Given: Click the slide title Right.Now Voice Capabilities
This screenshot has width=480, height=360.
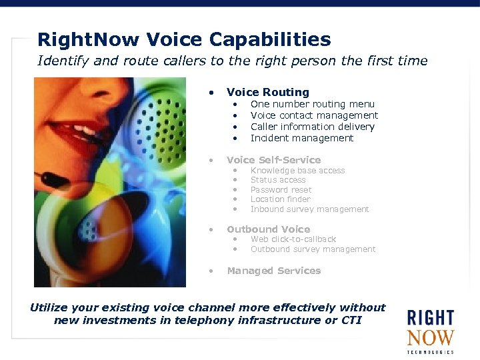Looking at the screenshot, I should pyautogui.click(x=184, y=39).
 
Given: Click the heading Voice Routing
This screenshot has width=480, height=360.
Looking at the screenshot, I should pyautogui.click(x=267, y=92).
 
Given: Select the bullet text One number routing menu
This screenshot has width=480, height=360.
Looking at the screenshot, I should pyautogui.click(x=312, y=104).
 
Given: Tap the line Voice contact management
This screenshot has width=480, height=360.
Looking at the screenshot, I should pyautogui.click(x=314, y=115).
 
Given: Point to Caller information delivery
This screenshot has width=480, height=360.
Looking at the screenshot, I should pyautogui.click(x=312, y=127).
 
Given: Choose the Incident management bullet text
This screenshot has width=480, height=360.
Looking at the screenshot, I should pyautogui.click(x=301, y=138).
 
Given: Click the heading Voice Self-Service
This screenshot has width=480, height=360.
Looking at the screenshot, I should pyautogui.click(x=273, y=160).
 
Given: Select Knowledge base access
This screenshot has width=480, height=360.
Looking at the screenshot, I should pyautogui.click(x=297, y=171).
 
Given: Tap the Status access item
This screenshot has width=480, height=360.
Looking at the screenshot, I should pyautogui.click(x=278, y=180).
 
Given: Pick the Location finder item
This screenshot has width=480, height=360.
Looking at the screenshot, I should pyautogui.click(x=280, y=199).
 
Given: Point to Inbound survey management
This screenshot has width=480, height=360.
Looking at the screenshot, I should pyautogui.click(x=309, y=209).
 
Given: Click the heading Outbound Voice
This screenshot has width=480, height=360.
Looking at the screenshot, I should pyautogui.click(x=268, y=229).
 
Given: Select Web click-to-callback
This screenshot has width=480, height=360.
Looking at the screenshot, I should pyautogui.click(x=293, y=239).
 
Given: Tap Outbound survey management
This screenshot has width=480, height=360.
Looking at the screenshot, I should pyautogui.click(x=313, y=249).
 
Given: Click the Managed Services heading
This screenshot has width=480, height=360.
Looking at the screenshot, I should pyautogui.click(x=273, y=271).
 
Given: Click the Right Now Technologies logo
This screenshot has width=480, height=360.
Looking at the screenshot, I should pyautogui.click(x=430, y=331).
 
